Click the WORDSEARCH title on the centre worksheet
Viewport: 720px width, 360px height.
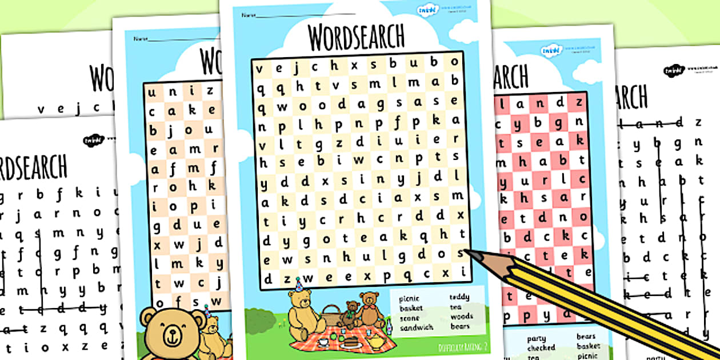356,37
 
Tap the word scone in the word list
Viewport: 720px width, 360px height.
409,318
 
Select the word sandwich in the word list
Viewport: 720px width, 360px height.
417,328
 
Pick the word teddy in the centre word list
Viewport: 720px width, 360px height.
459,297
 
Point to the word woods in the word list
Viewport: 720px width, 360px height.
462,317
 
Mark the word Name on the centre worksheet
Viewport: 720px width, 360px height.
247,13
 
